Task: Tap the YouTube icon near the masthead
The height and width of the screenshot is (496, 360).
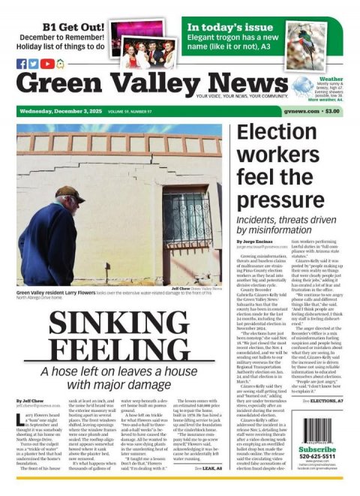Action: pos(47,64)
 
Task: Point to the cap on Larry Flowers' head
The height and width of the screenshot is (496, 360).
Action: pos(68,193)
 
